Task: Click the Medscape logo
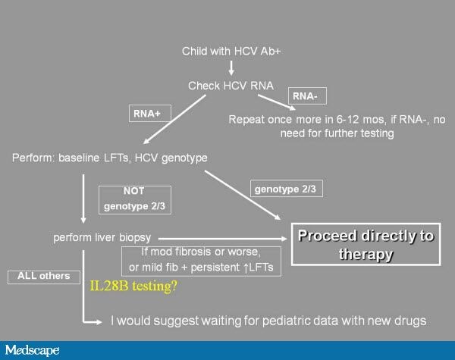(32, 350)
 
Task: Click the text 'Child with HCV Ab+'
(231, 51)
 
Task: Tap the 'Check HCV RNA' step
(231, 86)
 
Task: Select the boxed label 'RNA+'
(149, 113)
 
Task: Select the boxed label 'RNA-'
(307, 95)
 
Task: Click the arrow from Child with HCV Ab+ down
(231, 68)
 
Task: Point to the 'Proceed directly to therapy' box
(366, 244)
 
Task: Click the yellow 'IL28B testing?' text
(133, 286)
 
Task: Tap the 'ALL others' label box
(44, 277)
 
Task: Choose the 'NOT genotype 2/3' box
(135, 200)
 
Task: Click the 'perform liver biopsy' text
(102, 237)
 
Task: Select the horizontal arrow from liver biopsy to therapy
(222, 239)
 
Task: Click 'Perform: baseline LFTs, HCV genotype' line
(110, 158)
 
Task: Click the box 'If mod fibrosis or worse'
(201, 261)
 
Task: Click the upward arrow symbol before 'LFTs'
(246, 268)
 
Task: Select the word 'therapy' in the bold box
(366, 254)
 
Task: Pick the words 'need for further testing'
(337, 133)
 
